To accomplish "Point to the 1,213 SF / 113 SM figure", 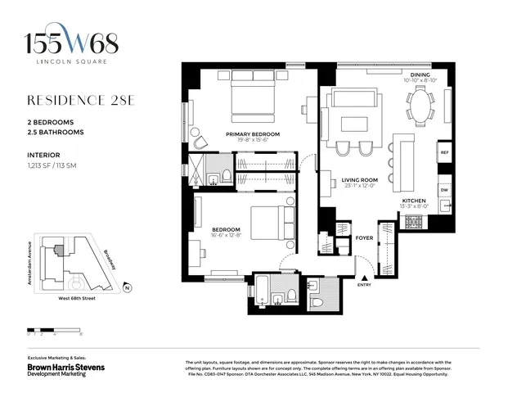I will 61,165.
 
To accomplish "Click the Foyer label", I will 364,238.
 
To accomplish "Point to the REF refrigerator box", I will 444,153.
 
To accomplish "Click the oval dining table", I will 421,106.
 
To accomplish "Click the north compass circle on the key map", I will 127,287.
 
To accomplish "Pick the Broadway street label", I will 110,260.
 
